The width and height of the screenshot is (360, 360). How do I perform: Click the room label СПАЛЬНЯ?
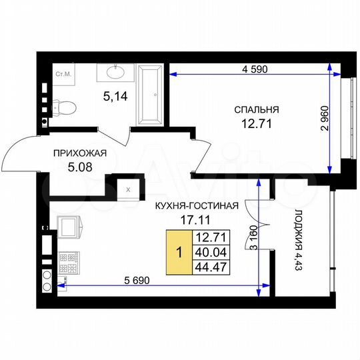256,110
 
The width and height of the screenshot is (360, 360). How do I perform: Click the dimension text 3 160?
254,240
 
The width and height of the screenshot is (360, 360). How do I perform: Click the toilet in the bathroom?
64,107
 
